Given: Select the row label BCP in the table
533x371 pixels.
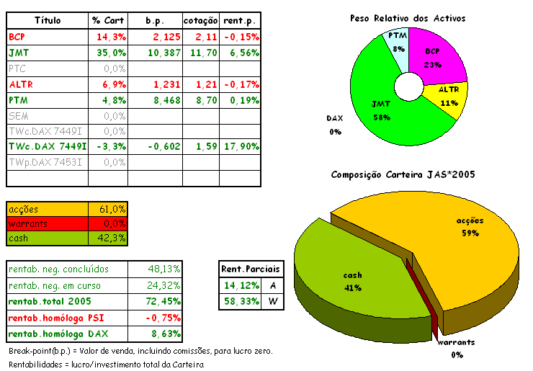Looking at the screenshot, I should [17, 36].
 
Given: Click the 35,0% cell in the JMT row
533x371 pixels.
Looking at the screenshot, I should [109, 53].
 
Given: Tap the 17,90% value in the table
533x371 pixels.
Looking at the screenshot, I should [241, 146].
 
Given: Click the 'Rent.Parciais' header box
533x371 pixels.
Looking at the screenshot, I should [251, 269].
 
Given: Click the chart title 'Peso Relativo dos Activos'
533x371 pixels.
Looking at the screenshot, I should [408, 17].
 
